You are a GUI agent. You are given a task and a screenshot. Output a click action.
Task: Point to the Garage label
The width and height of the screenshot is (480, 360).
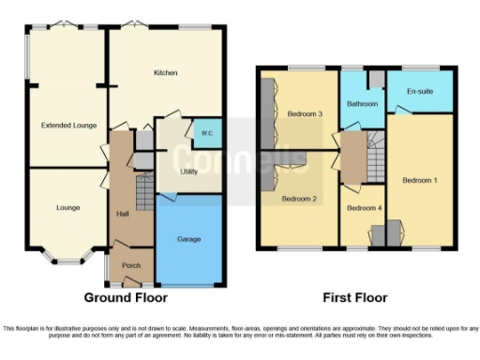pyautogui.click(x=189, y=239)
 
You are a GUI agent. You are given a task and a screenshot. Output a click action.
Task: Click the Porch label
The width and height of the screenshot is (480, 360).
pyautogui.click(x=132, y=265)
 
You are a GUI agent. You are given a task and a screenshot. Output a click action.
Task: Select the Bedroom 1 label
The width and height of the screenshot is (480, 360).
pyautogui.click(x=420, y=179)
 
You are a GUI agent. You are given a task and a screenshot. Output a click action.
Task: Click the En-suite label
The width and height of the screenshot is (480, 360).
pyautogui.click(x=419, y=92)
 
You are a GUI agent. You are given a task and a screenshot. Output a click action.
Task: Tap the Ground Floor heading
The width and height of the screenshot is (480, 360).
pyautogui.click(x=126, y=298)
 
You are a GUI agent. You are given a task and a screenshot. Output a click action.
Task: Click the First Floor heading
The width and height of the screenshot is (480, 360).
pyautogui.click(x=356, y=298)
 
